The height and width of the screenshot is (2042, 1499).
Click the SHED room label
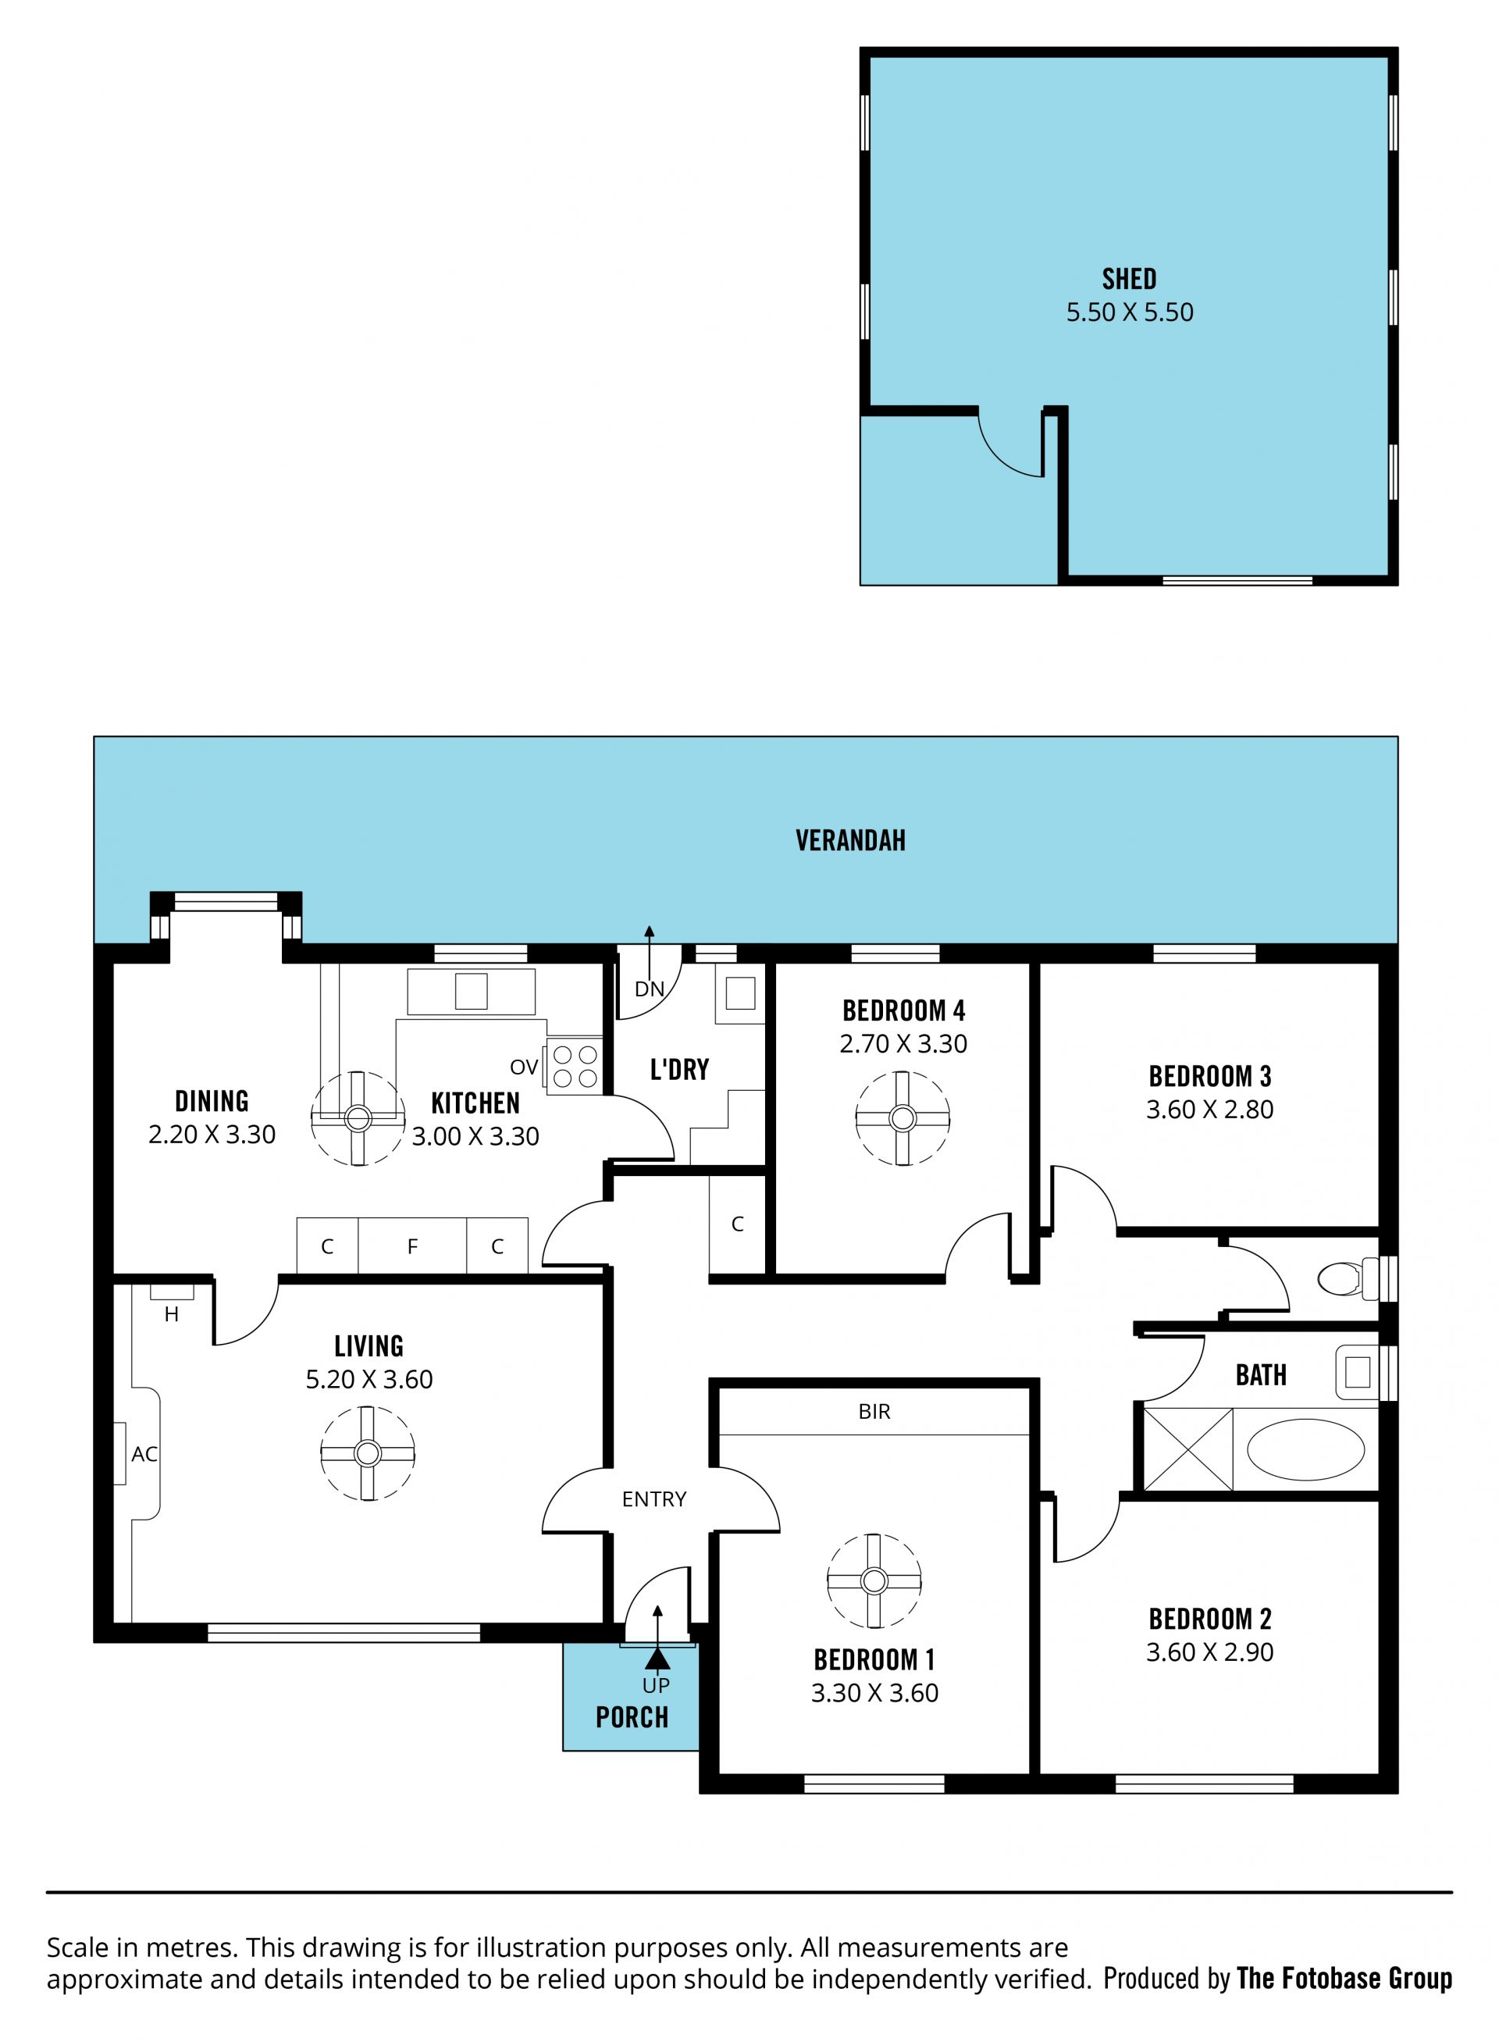1129,279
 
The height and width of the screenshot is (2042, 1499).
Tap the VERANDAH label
850,840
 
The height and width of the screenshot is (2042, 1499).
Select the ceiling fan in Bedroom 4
902,1118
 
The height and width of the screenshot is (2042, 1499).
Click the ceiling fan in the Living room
368,1453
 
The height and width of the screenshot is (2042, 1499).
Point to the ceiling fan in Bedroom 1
874,1581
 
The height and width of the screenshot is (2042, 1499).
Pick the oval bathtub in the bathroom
1305,1449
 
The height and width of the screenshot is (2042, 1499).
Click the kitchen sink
471,991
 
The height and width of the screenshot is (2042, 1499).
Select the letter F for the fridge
413,1247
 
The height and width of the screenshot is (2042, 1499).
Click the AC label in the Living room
144,1454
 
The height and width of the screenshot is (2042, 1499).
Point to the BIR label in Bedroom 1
874,1411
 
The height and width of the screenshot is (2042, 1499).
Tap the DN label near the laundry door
650,989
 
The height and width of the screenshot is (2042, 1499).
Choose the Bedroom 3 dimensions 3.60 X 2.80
1209,1109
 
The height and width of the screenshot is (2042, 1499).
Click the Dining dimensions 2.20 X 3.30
212,1135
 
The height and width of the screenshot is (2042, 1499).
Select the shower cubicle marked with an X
1187,1449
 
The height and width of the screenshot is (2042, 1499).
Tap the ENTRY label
654,1499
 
